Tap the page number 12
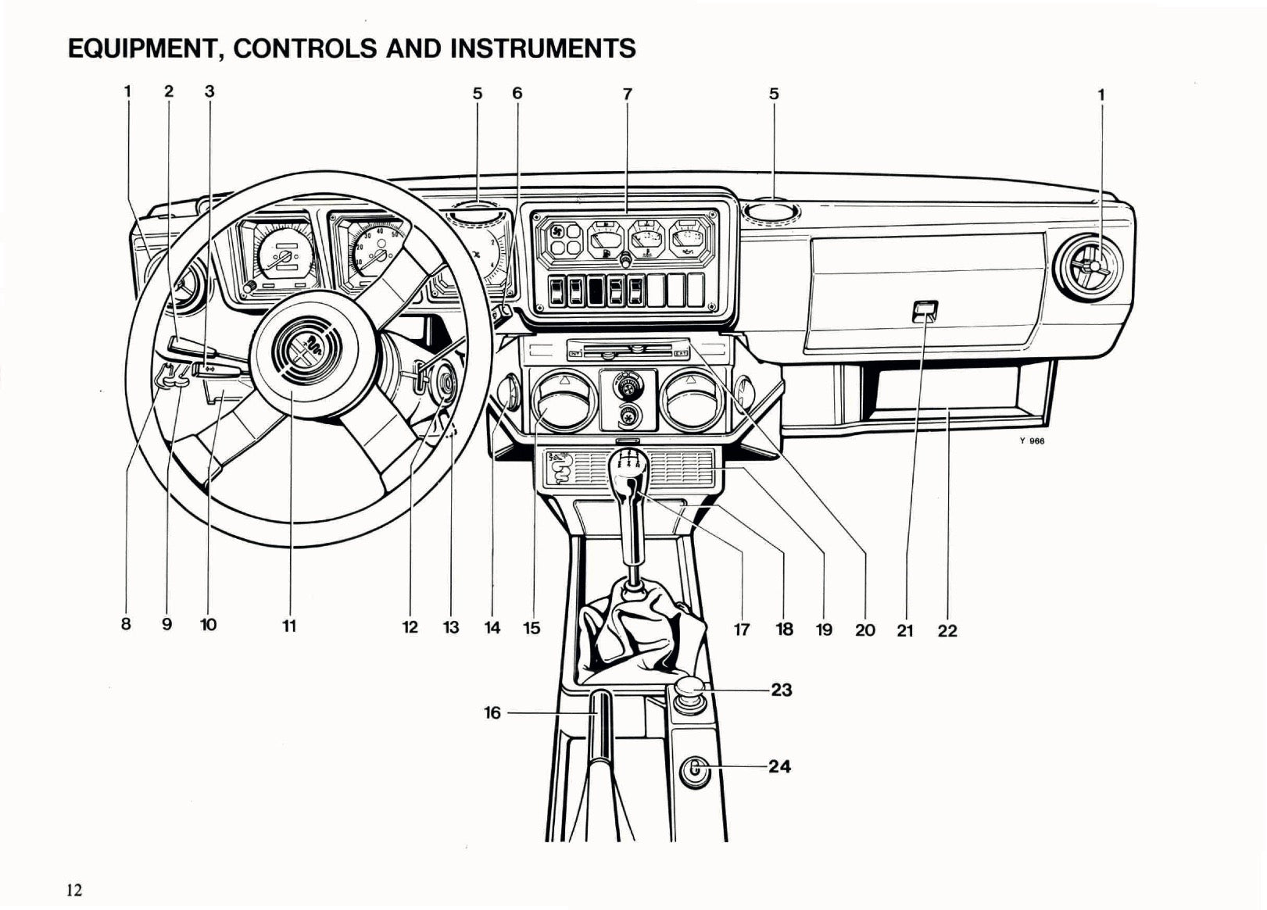tap(74, 890)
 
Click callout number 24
tap(779, 766)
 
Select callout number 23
tap(781, 690)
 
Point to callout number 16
tap(492, 712)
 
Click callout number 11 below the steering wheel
tap(289, 626)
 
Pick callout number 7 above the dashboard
tap(627, 94)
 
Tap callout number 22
tap(947, 630)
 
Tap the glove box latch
tap(924, 312)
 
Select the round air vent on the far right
tap(1093, 267)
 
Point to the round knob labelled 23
tap(689, 689)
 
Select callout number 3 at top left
tap(209, 91)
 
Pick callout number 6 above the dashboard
tap(517, 94)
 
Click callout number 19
tap(824, 630)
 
